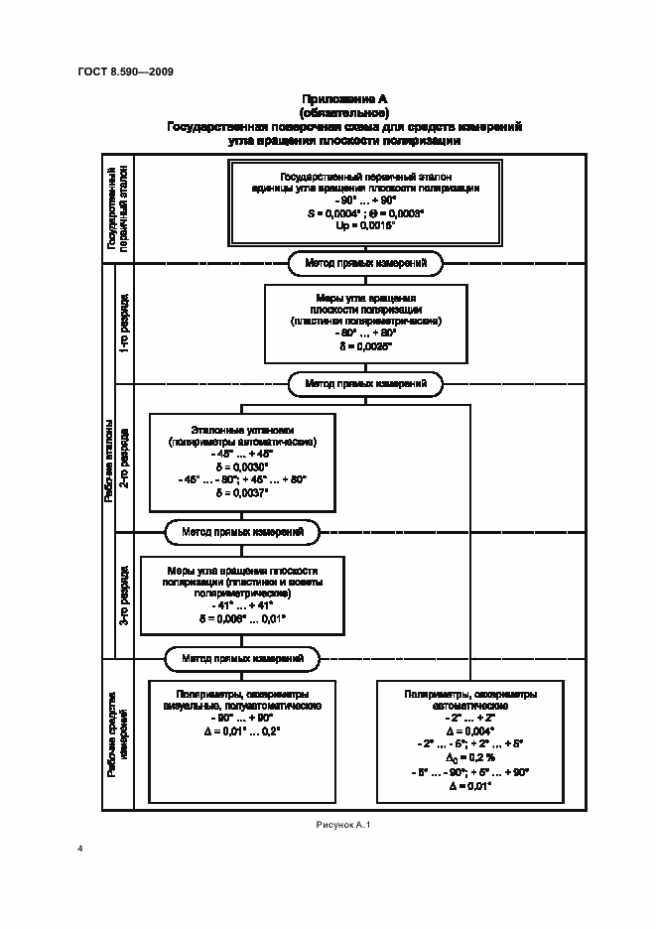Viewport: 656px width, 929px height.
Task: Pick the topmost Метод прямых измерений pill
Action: point(365,263)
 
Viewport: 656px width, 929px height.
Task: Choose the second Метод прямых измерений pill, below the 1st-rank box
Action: point(365,383)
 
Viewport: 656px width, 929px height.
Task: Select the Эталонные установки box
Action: point(242,460)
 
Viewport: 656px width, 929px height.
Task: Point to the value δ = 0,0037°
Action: point(242,492)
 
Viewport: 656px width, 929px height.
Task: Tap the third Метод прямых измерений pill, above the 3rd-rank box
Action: point(242,533)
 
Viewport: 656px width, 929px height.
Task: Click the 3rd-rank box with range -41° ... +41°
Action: point(242,595)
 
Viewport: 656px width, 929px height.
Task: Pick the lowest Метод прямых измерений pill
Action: point(242,657)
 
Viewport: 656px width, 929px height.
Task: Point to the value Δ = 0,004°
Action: point(470,730)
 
